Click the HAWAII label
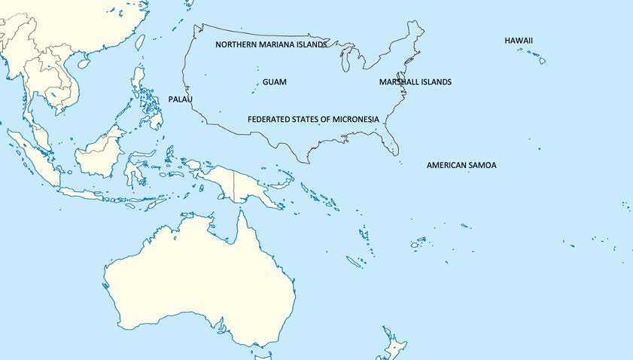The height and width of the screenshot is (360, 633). click(x=519, y=40)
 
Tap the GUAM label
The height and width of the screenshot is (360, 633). click(x=274, y=82)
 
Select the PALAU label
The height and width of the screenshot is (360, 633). click(x=181, y=99)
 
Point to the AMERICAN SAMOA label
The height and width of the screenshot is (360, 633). click(x=461, y=165)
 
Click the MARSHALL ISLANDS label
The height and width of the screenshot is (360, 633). click(x=415, y=82)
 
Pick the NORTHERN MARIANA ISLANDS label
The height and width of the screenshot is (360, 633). click(x=271, y=44)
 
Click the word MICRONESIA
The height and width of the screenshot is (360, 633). click(x=353, y=120)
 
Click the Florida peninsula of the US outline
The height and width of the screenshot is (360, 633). click(x=390, y=140)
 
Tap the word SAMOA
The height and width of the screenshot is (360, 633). click(x=482, y=165)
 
